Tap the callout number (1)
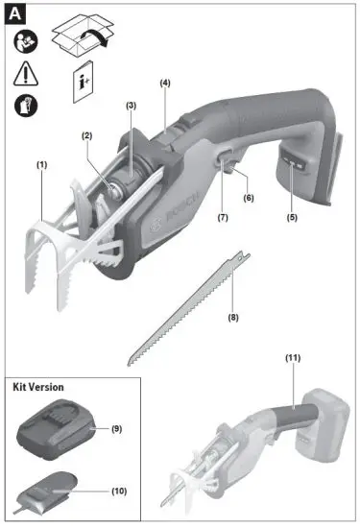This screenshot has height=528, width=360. click(x=42, y=165)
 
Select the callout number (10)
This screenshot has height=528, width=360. click(x=121, y=491)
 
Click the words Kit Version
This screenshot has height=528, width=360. click(x=38, y=387)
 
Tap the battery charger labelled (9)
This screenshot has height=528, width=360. click(x=55, y=427)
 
